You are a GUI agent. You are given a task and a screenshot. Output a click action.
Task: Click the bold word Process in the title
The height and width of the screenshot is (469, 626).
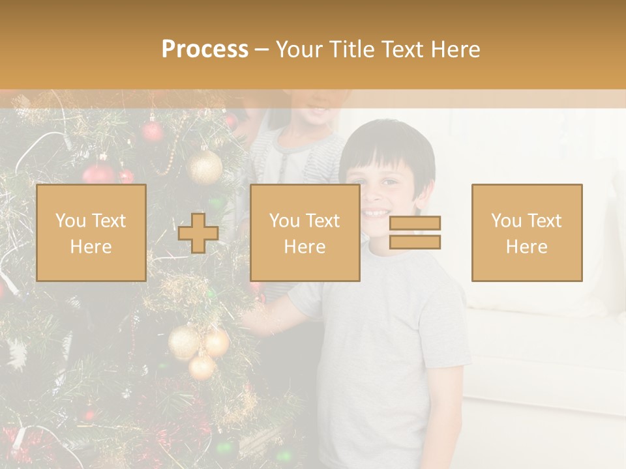[205, 50]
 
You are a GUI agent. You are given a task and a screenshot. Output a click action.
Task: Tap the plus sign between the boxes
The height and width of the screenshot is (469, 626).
[198, 233]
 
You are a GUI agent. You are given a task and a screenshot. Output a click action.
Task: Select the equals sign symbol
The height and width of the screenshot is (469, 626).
[415, 233]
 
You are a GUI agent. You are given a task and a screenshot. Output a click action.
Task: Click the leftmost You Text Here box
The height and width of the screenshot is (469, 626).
[91, 233]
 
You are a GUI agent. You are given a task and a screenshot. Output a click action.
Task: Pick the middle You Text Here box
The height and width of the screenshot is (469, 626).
[305, 233]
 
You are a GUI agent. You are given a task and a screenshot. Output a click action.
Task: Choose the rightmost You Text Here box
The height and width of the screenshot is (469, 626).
[526, 233]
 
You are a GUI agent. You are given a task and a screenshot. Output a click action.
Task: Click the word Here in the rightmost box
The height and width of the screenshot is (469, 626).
[526, 247]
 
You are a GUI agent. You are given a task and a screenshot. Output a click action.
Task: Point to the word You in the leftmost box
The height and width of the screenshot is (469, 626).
[70, 221]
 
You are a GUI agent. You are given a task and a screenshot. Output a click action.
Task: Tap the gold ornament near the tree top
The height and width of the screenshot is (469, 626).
[205, 167]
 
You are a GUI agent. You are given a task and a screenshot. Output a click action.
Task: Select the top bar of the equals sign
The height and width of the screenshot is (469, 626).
[415, 223]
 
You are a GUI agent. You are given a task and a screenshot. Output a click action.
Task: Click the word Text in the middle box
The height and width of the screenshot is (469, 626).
[323, 221]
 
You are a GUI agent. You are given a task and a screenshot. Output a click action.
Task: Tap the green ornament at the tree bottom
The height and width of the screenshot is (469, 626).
[225, 448]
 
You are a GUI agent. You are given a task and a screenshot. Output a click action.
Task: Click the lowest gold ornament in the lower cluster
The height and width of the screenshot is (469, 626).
[202, 366]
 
